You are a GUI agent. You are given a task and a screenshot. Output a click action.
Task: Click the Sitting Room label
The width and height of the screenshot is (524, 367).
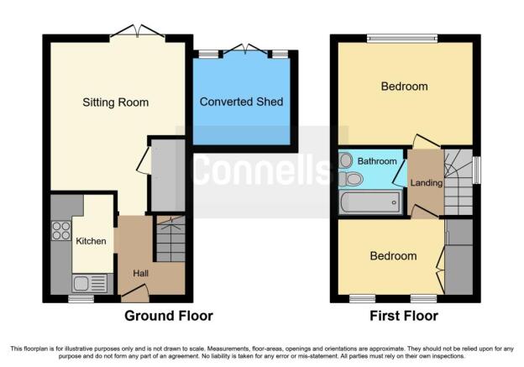coord(116,102)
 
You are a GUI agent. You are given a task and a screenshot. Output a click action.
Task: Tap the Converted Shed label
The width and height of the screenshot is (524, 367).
coord(241,102)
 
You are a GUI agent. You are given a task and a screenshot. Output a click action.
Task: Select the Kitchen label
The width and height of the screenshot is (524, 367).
coord(91,241)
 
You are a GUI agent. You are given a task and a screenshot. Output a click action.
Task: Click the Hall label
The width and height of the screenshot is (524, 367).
coord(141,274)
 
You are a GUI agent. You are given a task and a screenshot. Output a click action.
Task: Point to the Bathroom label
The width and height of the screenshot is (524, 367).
coord(377,161)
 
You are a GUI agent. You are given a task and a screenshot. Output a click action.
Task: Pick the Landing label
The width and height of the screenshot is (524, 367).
coord(427,183)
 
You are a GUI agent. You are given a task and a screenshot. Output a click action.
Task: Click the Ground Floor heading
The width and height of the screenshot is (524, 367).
coord(169,316)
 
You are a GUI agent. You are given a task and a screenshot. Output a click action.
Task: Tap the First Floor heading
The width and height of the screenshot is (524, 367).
coord(404,316)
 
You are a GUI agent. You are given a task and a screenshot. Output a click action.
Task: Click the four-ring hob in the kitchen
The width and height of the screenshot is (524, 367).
coord(61,231)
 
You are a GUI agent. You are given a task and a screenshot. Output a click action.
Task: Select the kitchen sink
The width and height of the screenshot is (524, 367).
coord(89,284)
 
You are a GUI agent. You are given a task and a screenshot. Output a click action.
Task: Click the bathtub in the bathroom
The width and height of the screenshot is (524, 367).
coord(370,202)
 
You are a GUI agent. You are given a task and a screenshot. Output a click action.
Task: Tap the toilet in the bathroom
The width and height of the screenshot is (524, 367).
coord(351,180)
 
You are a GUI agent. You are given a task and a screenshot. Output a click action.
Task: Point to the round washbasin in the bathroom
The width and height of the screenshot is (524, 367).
coord(345,160)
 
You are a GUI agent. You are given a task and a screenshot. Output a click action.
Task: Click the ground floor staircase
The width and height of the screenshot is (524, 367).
coord(170,239)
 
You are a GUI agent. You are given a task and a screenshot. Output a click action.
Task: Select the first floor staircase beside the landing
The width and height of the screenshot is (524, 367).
coord(458,182)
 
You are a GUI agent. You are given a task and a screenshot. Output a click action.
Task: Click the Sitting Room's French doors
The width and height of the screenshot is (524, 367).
coord(138,31)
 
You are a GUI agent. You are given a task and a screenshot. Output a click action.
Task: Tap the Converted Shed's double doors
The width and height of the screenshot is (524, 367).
coord(245,49)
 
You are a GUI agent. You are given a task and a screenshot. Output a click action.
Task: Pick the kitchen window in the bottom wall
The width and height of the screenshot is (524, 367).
coord(81,298)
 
